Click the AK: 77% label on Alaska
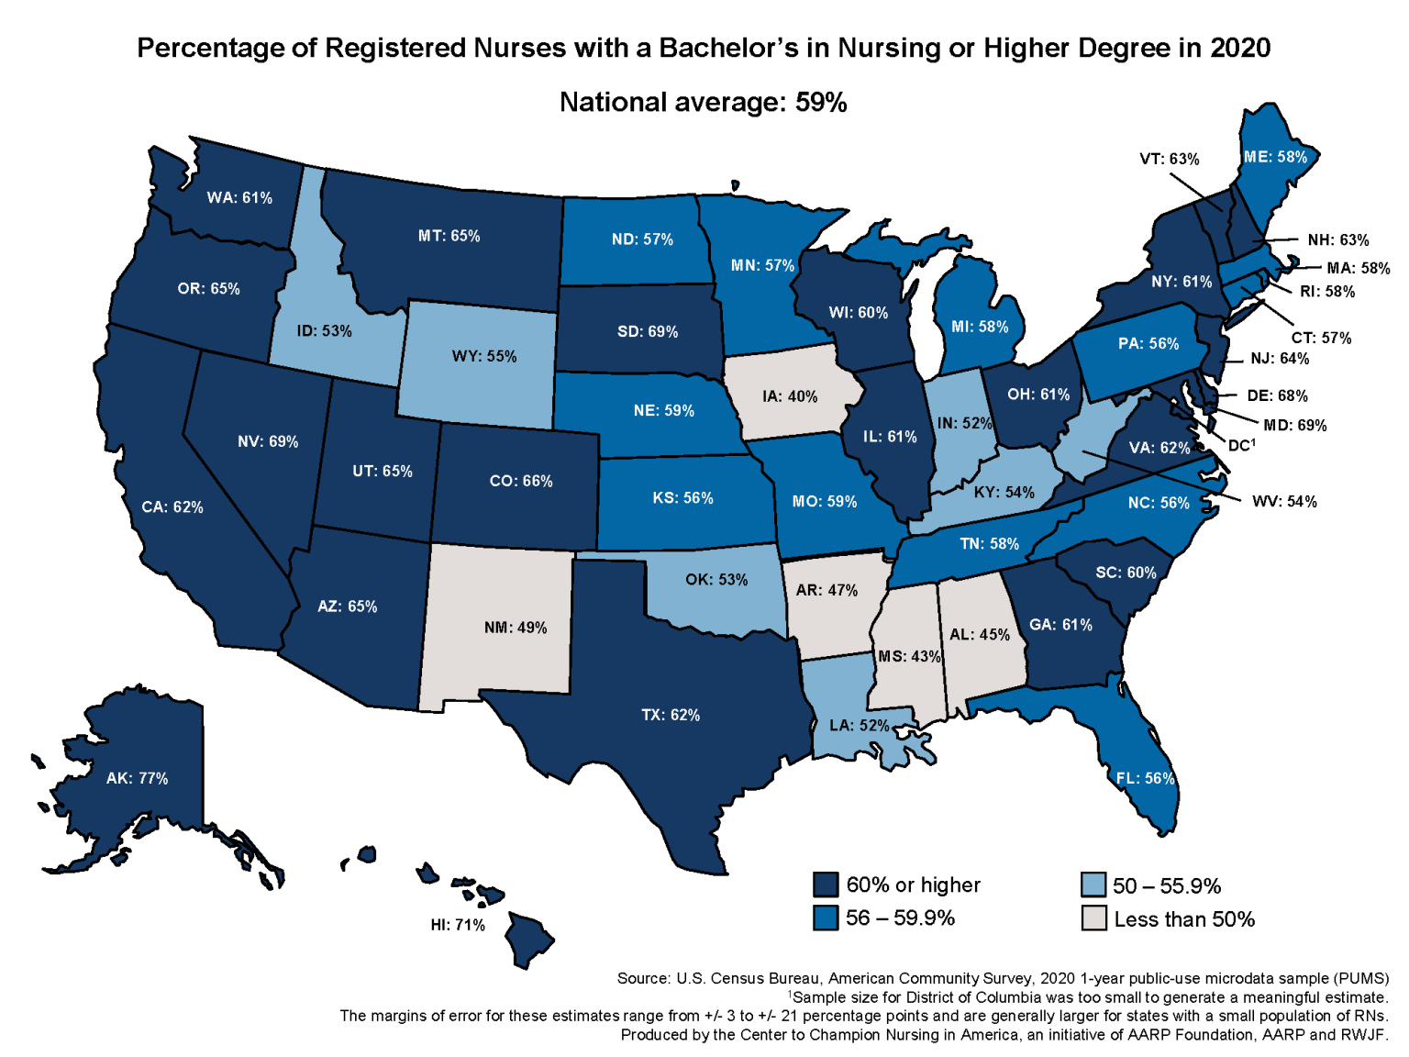137,778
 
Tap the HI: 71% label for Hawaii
458,925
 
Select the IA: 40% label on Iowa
789,396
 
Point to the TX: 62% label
671,715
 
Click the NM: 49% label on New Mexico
516,628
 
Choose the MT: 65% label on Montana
449,236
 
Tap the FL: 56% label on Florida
1145,778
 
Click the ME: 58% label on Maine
1275,157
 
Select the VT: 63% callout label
1169,159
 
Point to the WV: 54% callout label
1283,502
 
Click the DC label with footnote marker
1240,445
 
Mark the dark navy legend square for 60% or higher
826,885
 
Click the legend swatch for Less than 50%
1093,918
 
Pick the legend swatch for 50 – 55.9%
1093,885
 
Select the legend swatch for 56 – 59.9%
826,918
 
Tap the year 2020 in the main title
1239,48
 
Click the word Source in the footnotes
642,978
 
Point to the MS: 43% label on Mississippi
909,657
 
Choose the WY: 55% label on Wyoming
483,356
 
